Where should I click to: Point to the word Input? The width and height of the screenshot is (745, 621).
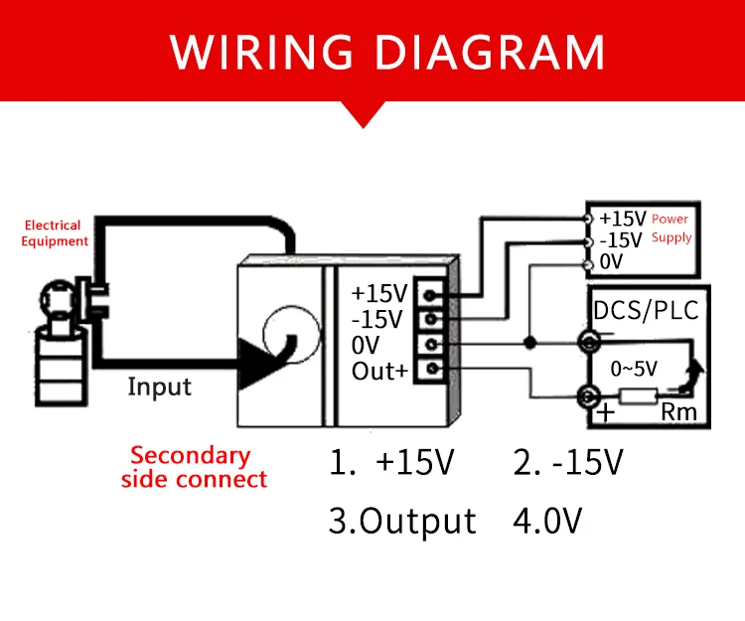point(159,386)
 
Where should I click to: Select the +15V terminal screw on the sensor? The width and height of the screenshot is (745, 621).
point(431,294)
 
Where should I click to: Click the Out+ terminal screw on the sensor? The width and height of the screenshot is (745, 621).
point(431,370)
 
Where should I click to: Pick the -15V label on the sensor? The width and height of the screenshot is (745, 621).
point(378,320)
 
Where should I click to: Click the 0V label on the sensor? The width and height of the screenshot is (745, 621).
point(365,346)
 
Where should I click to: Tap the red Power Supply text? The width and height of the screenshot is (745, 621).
point(670,228)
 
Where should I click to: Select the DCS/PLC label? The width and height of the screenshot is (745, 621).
point(646,310)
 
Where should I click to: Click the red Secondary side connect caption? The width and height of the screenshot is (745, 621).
point(194,467)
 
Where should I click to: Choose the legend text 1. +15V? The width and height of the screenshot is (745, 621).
point(394,462)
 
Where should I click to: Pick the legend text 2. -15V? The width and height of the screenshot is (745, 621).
point(569,462)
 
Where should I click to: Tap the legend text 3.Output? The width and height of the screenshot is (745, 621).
point(402,521)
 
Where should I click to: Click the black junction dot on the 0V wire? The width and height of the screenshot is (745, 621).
point(529,344)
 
